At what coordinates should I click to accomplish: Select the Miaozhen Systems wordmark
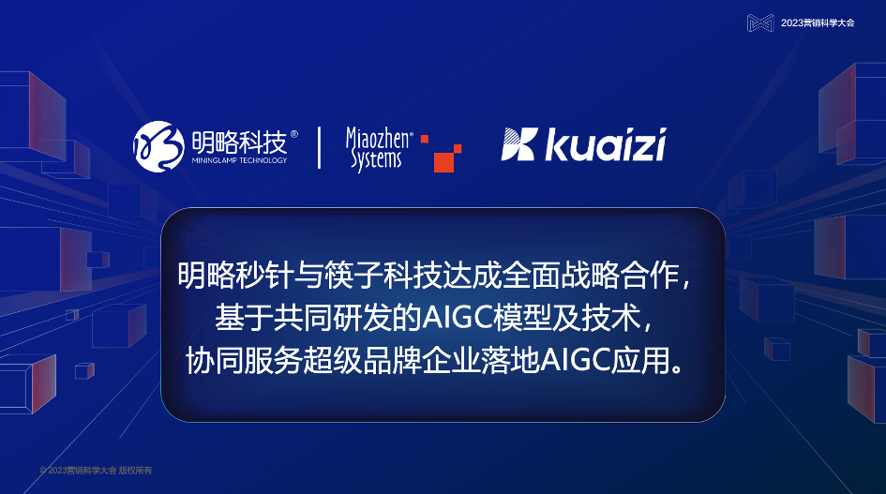378,148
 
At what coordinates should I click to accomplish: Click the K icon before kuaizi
518,146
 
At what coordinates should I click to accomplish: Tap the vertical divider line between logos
320,147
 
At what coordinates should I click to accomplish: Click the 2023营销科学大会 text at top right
818,22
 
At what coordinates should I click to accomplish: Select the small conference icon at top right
760,22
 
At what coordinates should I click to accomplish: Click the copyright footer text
96,470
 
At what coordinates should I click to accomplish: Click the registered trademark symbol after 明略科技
294,135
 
